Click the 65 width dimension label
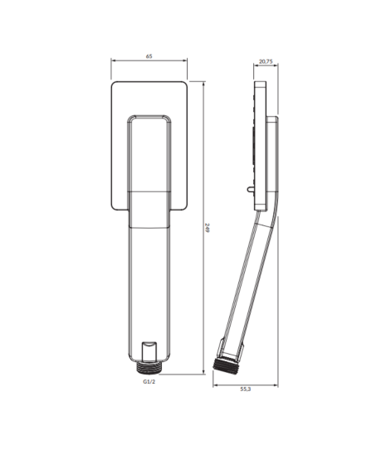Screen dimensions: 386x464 (x=149, y=56)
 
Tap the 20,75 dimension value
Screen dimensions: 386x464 (x=266, y=61)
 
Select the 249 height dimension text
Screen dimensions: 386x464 (x=208, y=228)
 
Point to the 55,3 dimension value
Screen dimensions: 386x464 (x=246, y=389)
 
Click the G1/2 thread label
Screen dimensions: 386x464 (x=149, y=382)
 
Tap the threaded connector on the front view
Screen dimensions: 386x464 (x=149, y=368)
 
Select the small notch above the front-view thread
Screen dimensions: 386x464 (x=149, y=351)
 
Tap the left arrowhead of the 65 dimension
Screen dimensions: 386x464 (x=113, y=60)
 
